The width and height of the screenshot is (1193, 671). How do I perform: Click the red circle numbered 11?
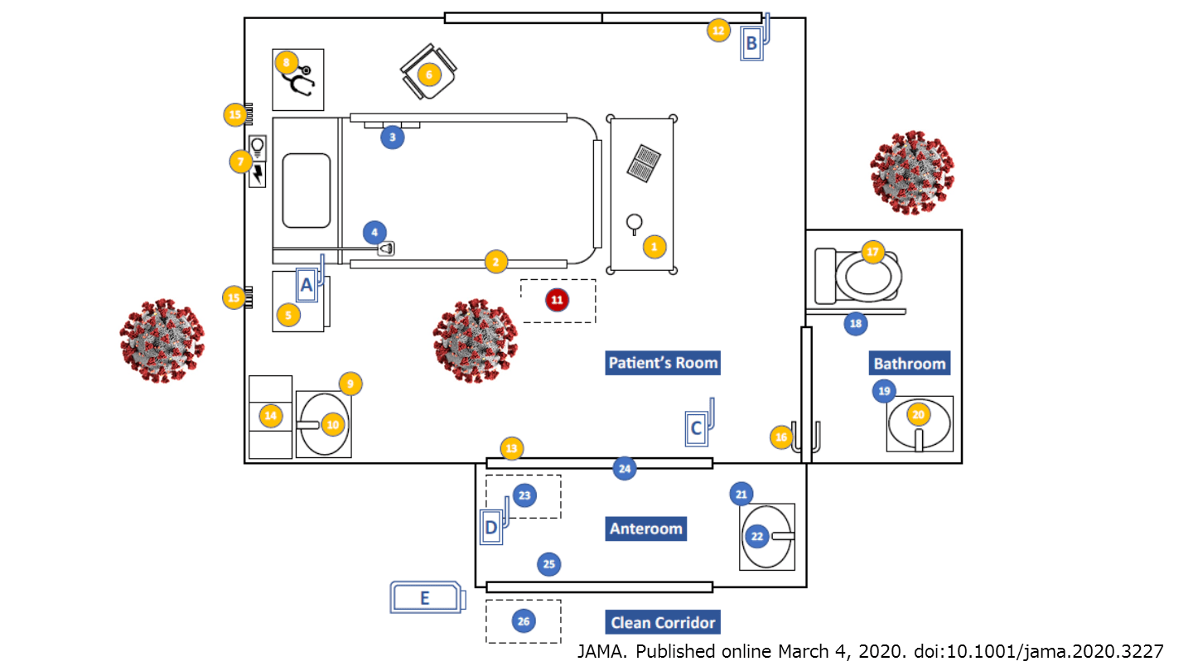[x=558, y=299]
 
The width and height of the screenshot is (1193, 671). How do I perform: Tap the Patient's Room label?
[x=663, y=363]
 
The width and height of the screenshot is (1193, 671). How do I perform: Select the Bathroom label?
[x=909, y=364]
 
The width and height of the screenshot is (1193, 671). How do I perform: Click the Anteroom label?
[x=645, y=529]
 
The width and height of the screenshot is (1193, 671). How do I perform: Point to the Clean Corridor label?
[x=662, y=622]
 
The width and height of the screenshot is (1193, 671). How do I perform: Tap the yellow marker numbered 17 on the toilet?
[x=872, y=253]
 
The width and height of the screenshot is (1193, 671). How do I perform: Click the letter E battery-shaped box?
[x=427, y=597]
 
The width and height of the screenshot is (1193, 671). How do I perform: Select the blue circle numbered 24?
[x=625, y=469]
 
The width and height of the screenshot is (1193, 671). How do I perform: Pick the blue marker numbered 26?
[x=523, y=620]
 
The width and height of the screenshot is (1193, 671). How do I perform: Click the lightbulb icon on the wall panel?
[x=258, y=147]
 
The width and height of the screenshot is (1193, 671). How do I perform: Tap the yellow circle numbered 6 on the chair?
[x=428, y=75]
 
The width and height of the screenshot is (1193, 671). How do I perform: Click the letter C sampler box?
[x=697, y=427]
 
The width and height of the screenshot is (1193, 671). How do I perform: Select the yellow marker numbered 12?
[x=718, y=31]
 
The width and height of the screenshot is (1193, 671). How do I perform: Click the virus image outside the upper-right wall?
[x=912, y=171]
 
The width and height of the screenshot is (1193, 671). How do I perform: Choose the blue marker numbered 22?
[x=756, y=536]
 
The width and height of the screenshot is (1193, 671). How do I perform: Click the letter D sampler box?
[x=492, y=527]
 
